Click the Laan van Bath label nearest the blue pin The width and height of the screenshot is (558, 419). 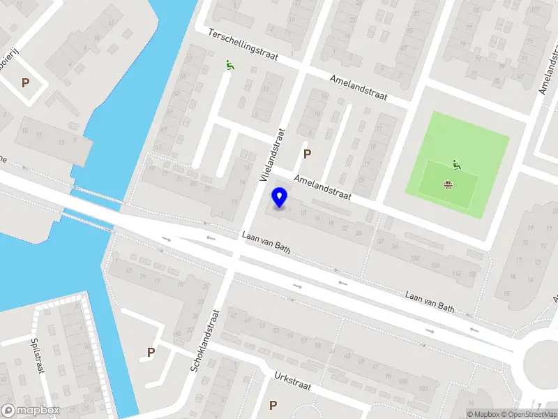click(x=265, y=242)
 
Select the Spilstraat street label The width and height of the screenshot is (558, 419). click(x=37, y=356)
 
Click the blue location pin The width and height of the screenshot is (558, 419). click(x=280, y=198)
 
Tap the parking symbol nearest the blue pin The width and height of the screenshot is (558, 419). click(x=306, y=154)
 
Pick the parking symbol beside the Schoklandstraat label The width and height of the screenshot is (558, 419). click(x=150, y=352)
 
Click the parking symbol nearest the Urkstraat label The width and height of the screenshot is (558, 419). click(x=273, y=405)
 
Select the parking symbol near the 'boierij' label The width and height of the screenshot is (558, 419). click(x=26, y=82)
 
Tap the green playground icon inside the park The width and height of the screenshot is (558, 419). click(x=457, y=165)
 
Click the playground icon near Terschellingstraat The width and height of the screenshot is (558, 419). click(x=229, y=66)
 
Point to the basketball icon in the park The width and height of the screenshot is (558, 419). click(x=448, y=185)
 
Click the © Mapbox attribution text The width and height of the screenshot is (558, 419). click(x=483, y=414)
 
